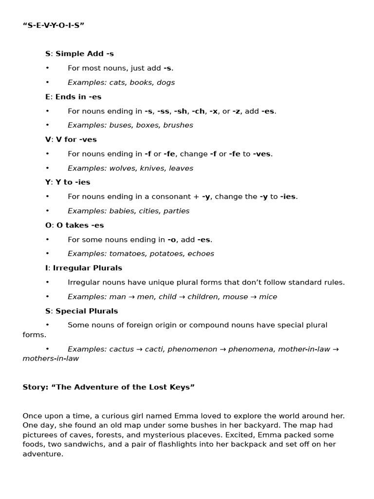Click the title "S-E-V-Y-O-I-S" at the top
coord(54,25)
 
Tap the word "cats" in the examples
coord(118,83)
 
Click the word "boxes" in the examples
coord(148,125)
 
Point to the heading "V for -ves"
coord(76,140)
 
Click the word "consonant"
coord(174,197)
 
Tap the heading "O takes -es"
coord(80,226)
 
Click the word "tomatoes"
coord(129,254)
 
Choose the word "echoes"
coord(201,254)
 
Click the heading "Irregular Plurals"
coord(87,268)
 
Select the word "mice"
coord(268,297)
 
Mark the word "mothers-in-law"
coord(51,359)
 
